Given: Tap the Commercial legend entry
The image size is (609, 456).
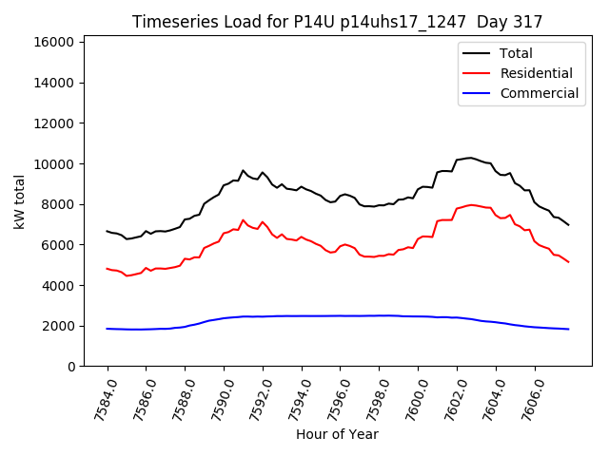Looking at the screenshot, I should coord(539,93).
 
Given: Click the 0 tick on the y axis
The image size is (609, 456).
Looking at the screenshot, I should coord(71,367).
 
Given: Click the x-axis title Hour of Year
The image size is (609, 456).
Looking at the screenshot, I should coord(337,434).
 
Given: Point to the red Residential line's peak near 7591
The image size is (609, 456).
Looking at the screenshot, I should coord(243,219).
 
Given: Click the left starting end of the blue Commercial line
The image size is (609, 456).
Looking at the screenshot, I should coord(108,329).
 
